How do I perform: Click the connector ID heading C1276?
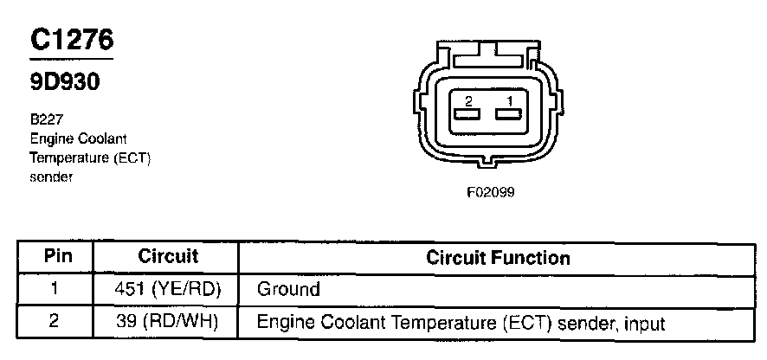(72, 41)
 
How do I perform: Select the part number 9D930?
(64, 82)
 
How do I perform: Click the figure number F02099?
(490, 193)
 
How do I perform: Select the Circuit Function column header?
(498, 258)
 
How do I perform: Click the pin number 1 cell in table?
(55, 289)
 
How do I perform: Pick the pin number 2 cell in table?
(55, 322)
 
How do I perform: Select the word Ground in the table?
(288, 289)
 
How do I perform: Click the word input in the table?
(644, 324)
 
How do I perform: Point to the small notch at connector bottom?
(490, 163)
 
